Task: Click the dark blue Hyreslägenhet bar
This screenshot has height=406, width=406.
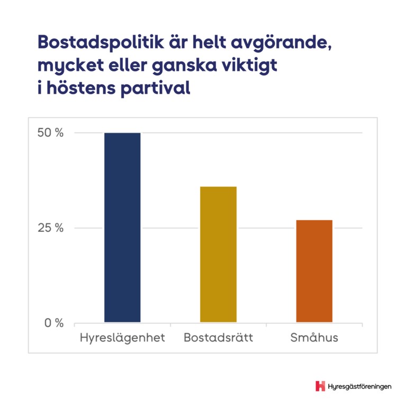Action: coord(122,228)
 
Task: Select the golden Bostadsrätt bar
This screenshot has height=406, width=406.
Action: coord(218,254)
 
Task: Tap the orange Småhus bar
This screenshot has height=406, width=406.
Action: coord(314,271)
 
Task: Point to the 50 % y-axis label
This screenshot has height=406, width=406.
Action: coord(50,133)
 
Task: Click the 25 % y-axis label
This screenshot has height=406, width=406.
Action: coord(50,228)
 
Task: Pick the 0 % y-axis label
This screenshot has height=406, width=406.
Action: coord(53,323)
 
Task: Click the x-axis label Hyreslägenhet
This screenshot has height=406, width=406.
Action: coord(122,338)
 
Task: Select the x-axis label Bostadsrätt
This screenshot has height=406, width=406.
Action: coord(218,338)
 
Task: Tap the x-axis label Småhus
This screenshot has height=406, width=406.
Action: coord(314,338)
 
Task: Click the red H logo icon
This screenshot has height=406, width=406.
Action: coord(320,386)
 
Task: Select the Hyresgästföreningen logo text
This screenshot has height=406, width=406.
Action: coord(360,386)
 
